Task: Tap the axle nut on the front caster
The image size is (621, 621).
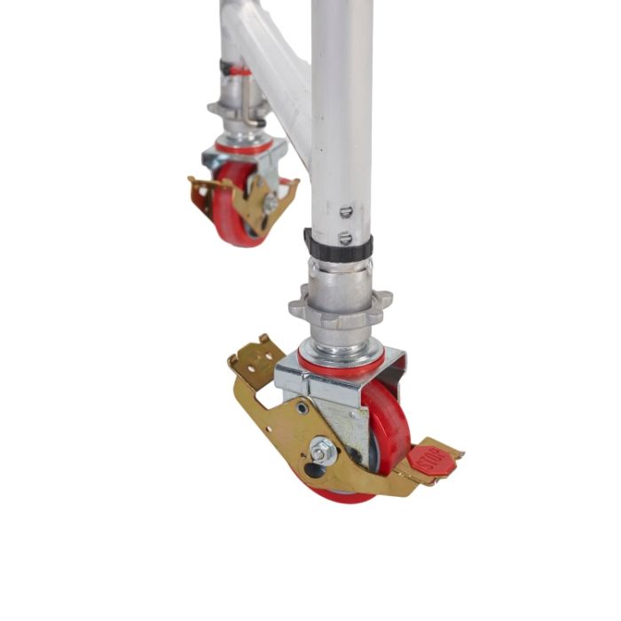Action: [322, 450]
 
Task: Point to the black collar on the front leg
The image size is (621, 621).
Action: [338, 244]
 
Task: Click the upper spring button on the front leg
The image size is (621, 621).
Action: [347, 211]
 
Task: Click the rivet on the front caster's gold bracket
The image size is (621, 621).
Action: [303, 409]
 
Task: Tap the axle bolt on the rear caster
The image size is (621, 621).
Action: [269, 202]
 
